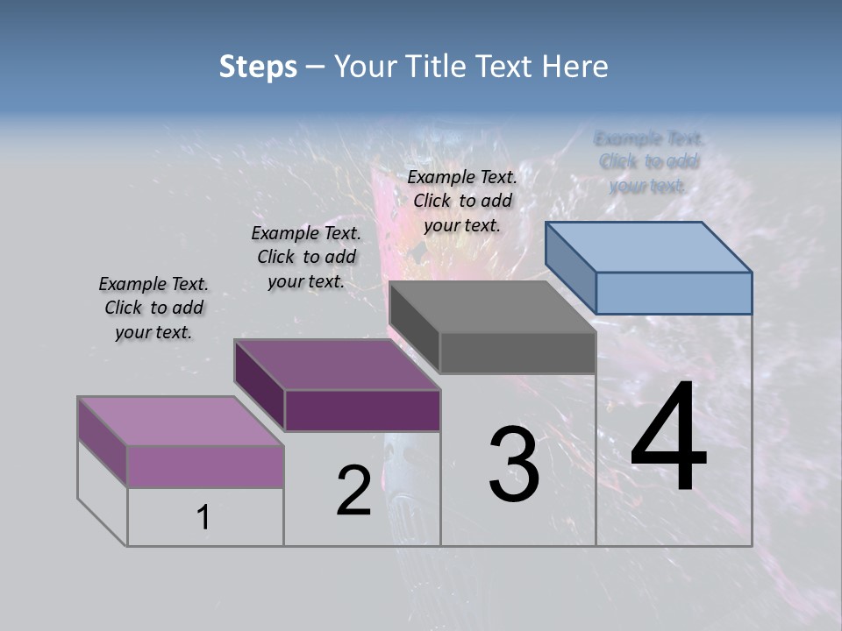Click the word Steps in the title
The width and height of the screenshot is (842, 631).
(x=257, y=67)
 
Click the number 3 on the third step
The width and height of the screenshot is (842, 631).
(x=514, y=464)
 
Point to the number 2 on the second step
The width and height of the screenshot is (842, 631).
(x=353, y=491)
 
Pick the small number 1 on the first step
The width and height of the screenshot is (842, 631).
(x=203, y=518)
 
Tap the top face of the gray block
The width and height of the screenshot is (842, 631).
(x=493, y=307)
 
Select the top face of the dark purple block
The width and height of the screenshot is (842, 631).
(x=337, y=365)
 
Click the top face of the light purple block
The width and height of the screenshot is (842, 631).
(x=181, y=422)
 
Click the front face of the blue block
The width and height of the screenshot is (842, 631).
(x=674, y=293)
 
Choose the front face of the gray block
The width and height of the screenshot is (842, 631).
(x=517, y=353)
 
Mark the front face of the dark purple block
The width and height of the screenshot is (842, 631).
(x=362, y=410)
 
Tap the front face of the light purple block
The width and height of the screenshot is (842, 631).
(x=205, y=466)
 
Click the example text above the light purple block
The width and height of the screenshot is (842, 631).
(x=153, y=308)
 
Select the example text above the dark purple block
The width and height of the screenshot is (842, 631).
(x=306, y=257)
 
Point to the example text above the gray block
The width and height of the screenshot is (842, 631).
(x=462, y=201)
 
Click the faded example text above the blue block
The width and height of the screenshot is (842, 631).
(x=649, y=161)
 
